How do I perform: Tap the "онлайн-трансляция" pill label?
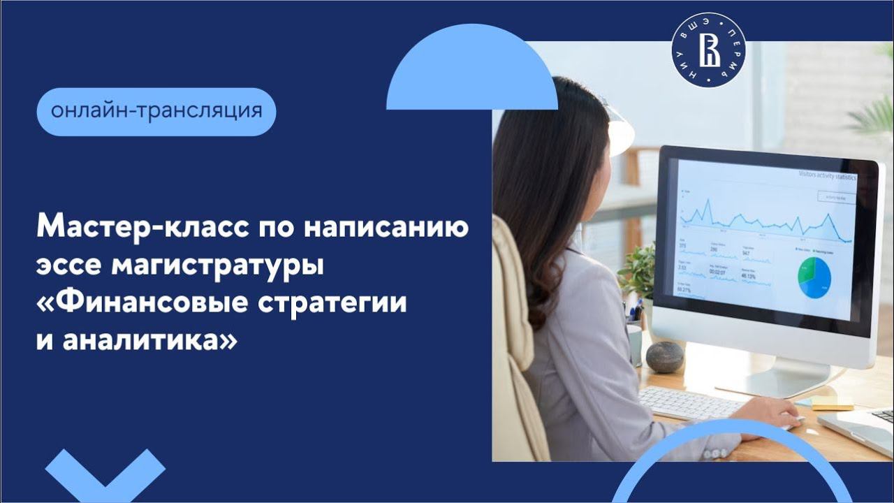[156, 112]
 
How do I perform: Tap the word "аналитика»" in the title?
[150, 342]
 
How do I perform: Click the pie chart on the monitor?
[814, 277]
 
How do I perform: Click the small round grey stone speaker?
[664, 356]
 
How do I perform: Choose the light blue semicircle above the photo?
[472, 70]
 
